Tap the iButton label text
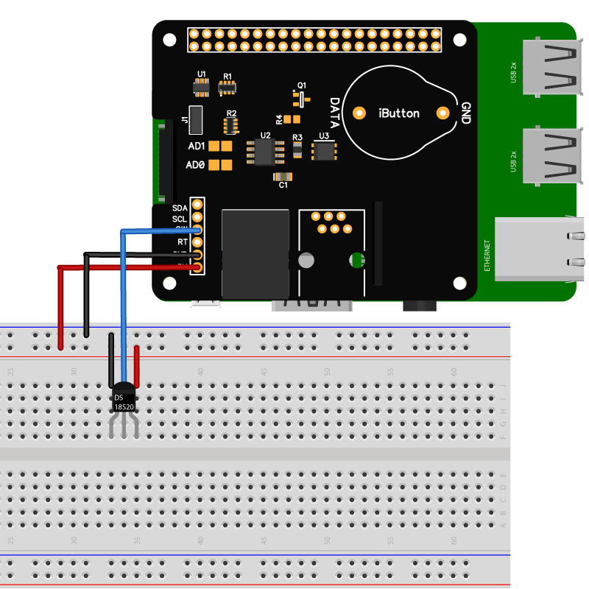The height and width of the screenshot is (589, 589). (399, 113)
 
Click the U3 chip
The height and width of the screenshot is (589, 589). (323, 150)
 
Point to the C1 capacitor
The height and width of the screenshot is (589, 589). (283, 177)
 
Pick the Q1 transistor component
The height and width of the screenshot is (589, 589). (300, 98)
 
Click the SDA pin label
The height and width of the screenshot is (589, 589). (180, 208)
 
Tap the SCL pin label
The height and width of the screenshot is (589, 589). (180, 219)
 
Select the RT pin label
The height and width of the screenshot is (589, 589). (183, 241)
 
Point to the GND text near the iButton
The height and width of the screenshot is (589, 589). (465, 113)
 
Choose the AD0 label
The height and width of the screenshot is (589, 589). (195, 166)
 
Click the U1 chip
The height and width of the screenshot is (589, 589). (201, 88)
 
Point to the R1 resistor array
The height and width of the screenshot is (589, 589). (228, 88)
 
